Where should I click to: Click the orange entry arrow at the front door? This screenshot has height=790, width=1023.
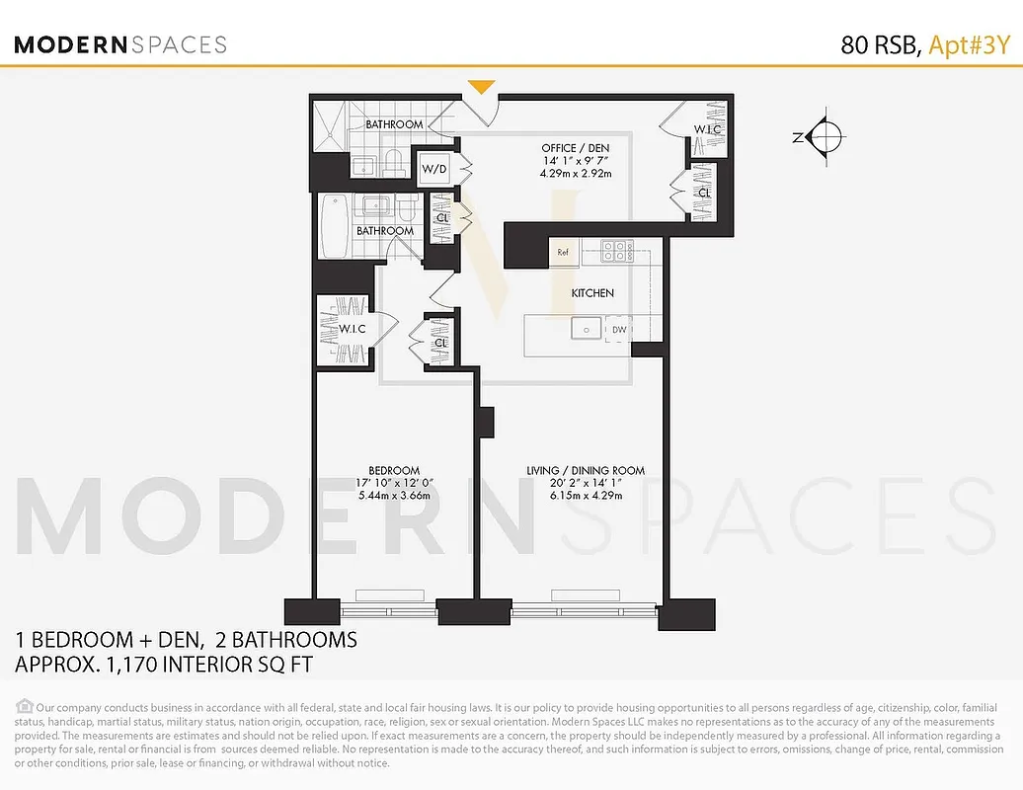[481, 88]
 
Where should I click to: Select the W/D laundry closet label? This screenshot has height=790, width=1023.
[434, 169]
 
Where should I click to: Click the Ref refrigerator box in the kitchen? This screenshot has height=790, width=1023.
[564, 252]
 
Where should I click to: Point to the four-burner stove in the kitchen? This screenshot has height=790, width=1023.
[617, 251]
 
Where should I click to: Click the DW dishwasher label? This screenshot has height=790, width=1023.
[618, 330]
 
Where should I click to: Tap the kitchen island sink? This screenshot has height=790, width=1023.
[584, 330]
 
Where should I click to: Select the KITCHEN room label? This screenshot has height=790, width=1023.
[592, 293]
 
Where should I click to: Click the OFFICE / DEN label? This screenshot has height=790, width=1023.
[575, 148]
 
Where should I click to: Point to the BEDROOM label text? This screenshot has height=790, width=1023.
[394, 470]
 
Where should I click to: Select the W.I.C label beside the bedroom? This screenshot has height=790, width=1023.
[352, 329]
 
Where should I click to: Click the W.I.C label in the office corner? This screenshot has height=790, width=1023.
[707, 129]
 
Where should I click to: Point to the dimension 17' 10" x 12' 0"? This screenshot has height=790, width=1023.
[394, 483]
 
